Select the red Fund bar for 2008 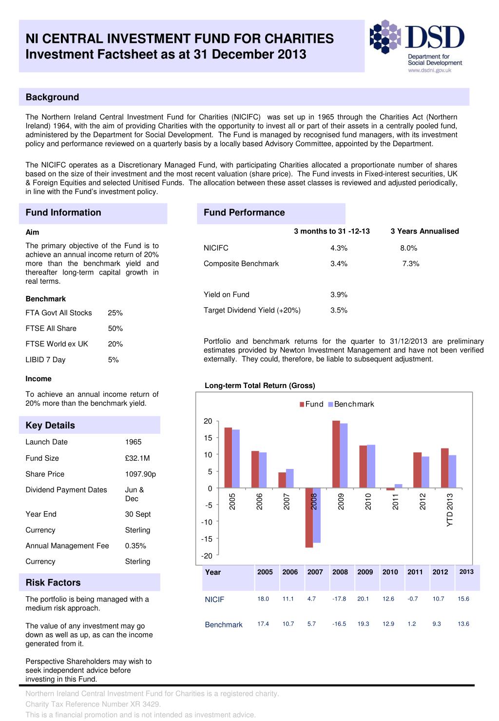pyautogui.click(x=309, y=518)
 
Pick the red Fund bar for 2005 pyautogui.click(x=228, y=458)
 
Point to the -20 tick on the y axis pyautogui.click(x=208, y=556)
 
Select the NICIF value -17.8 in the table pyautogui.click(x=339, y=599)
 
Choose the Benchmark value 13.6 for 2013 pyautogui.click(x=463, y=624)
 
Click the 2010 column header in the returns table pyautogui.click(x=390, y=572)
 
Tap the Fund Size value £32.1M pyautogui.click(x=137, y=458)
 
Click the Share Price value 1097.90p pyautogui.click(x=140, y=474)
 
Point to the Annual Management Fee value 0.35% pyautogui.click(x=135, y=546)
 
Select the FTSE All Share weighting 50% pyautogui.click(x=115, y=329)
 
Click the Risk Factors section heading pyautogui.click(x=53, y=583)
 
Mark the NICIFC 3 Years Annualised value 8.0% pyautogui.click(x=408, y=248)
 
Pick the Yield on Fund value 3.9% pyautogui.click(x=339, y=294)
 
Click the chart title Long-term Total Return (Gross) pyautogui.click(x=260, y=386)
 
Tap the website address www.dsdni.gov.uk pyautogui.click(x=429, y=70)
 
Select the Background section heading pyautogui.click(x=52, y=97)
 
